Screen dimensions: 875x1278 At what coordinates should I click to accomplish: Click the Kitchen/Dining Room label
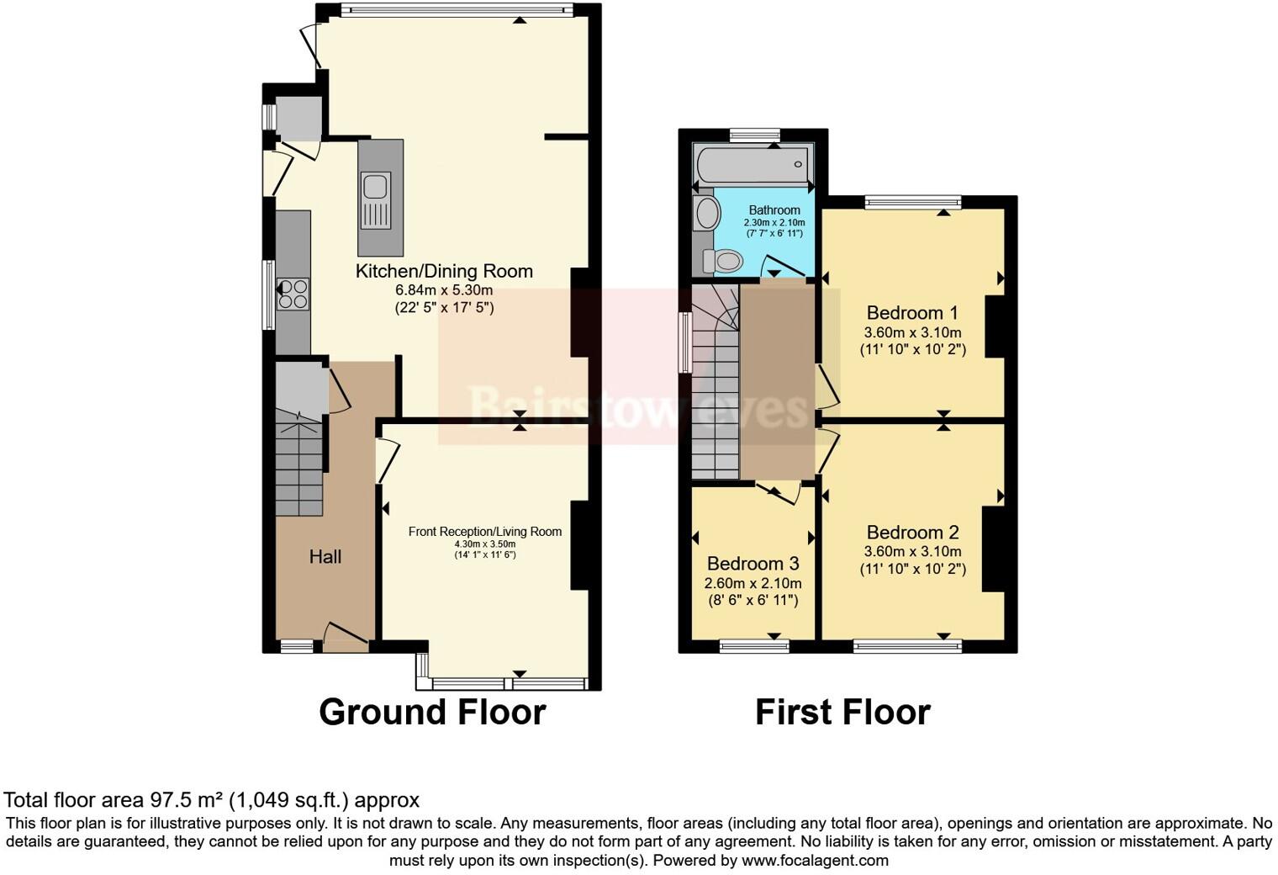444,271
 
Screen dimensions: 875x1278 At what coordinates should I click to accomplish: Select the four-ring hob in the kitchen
293,294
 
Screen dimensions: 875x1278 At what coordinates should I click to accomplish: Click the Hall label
325,556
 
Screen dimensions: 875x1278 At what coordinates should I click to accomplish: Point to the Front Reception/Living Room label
484,531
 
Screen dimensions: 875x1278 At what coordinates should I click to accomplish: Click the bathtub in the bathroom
752,164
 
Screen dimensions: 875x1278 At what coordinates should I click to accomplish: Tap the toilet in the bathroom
724,262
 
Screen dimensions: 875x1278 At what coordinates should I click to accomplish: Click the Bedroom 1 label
912,313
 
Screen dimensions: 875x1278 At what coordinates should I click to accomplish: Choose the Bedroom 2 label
912,532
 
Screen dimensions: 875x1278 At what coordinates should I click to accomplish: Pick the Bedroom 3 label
753,563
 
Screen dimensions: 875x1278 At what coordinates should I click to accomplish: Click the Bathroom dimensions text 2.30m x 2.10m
774,222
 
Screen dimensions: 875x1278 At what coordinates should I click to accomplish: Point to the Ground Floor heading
432,712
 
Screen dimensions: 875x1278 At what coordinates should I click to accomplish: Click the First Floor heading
842,712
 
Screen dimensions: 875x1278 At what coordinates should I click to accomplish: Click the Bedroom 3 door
778,492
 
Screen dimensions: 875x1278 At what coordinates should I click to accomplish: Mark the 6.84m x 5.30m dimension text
444,290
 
